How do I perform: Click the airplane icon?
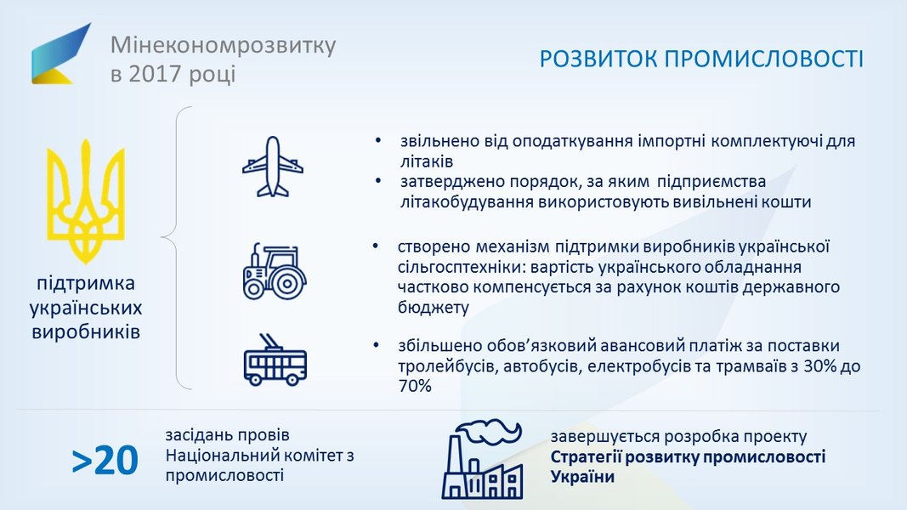273,167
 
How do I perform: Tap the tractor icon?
275,271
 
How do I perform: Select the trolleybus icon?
275,360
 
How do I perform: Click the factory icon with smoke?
483,460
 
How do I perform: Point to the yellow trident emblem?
86,201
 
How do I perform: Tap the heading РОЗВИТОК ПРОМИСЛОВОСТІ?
701,59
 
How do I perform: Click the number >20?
105,461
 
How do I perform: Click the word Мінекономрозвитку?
223,45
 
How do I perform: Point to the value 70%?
415,386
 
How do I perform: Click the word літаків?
427,161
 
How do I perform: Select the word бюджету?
434,307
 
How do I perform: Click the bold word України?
582,477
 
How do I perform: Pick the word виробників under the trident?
86,331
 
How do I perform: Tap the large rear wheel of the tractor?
287,283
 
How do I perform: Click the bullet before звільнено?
378,140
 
